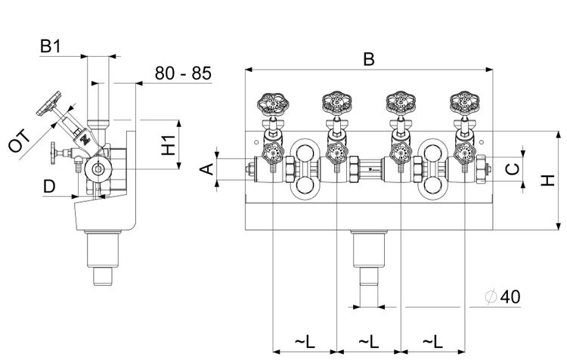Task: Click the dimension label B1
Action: pyautogui.click(x=51, y=47)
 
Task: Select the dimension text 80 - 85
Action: pyautogui.click(x=183, y=73)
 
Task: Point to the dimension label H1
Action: pyautogui.click(x=169, y=144)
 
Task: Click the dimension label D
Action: pyautogui.click(x=48, y=186)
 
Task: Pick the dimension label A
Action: pyautogui.click(x=205, y=168)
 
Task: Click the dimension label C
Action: pyautogui.click(x=512, y=168)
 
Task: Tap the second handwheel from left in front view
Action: pyautogui.click(x=335, y=102)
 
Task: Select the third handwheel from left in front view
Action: pyautogui.click(x=399, y=102)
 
